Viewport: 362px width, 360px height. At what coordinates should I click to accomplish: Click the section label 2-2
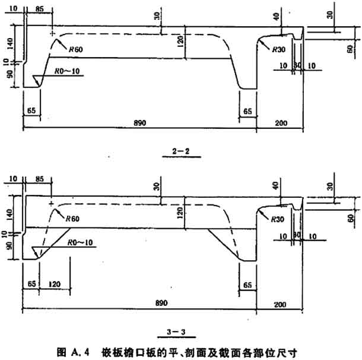(x=181, y=151)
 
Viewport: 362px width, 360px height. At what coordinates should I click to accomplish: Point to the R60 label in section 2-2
(x=75, y=50)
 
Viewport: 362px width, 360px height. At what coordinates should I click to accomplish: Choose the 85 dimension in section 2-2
(x=39, y=9)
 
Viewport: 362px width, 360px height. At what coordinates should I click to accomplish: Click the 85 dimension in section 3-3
(x=39, y=178)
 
